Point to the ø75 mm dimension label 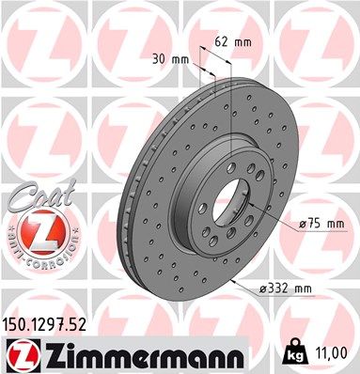tap(321, 225)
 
